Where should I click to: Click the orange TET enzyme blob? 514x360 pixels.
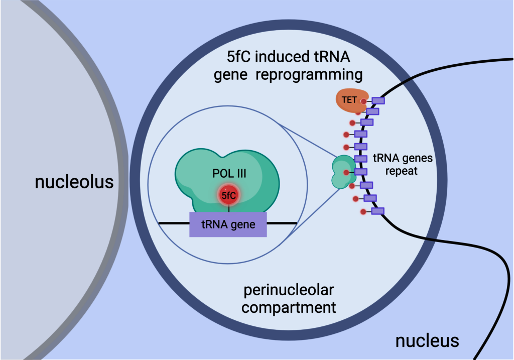click(x=350, y=100)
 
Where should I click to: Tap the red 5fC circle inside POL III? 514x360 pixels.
click(x=228, y=195)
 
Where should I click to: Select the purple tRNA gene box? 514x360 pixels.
click(x=228, y=224)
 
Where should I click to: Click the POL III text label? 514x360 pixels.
click(x=229, y=173)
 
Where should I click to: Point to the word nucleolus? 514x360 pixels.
click(x=74, y=182)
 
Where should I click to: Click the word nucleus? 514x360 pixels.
click(x=427, y=341)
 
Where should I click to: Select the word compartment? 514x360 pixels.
click(x=289, y=308)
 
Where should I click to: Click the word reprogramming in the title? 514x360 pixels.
click(x=309, y=75)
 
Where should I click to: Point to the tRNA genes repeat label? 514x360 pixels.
click(x=403, y=164)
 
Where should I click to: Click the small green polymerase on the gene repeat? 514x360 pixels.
click(x=344, y=172)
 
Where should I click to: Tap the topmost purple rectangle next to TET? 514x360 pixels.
click(x=378, y=100)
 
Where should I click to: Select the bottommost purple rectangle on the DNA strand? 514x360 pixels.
click(x=377, y=211)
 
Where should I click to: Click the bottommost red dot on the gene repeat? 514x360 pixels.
click(x=363, y=212)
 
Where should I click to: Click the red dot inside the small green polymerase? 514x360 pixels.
click(x=346, y=172)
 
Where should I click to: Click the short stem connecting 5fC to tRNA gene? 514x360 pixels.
click(x=228, y=208)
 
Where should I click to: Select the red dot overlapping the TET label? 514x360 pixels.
click(x=363, y=101)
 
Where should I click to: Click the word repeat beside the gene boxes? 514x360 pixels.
click(x=401, y=171)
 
